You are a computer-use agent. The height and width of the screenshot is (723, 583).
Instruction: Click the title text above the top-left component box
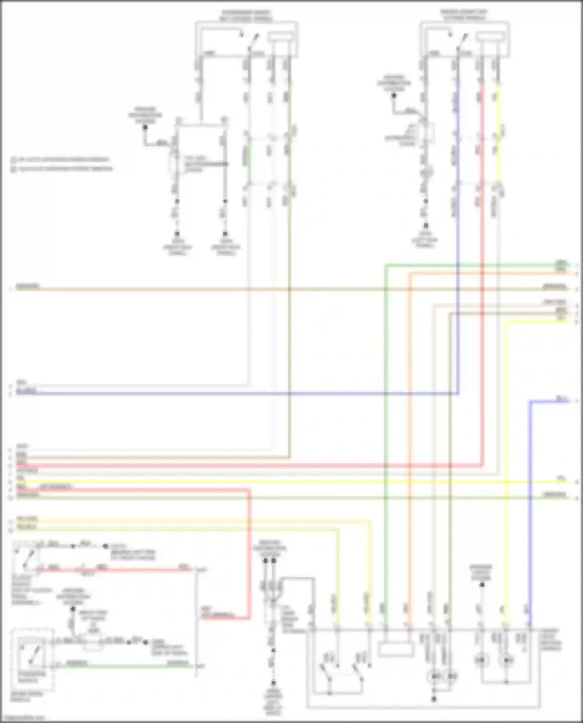[246, 16]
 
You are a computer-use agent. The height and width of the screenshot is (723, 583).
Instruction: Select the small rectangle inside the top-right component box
[490, 37]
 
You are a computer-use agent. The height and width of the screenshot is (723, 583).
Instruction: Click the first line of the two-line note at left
[62, 160]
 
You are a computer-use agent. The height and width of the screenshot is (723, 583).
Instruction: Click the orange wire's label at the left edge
[28, 287]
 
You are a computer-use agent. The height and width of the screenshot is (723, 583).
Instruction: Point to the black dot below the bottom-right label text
[482, 585]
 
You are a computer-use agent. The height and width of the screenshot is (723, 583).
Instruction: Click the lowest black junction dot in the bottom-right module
[434, 699]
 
